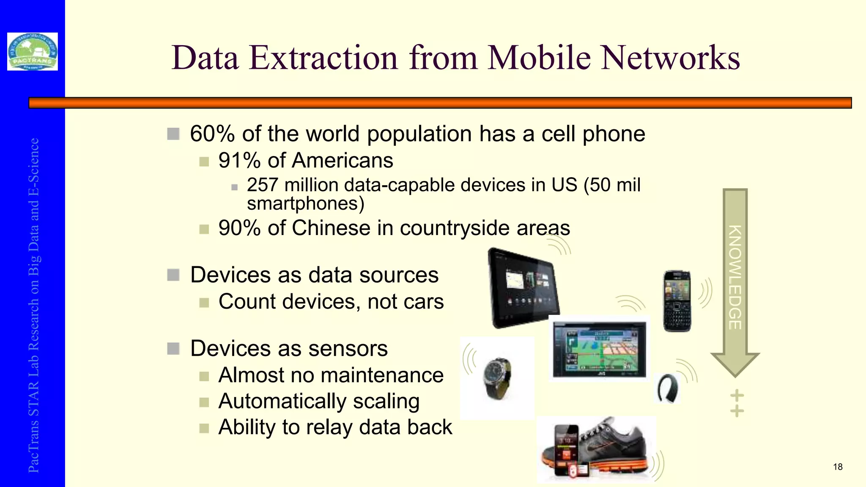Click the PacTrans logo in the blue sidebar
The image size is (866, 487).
(33, 52)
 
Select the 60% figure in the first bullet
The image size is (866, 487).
(212, 134)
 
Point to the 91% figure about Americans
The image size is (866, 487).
(239, 161)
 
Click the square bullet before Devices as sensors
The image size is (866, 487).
(173, 349)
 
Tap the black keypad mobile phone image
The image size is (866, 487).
(677, 301)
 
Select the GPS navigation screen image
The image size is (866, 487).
(599, 349)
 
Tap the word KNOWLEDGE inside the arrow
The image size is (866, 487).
(735, 277)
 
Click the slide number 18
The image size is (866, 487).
(838, 467)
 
